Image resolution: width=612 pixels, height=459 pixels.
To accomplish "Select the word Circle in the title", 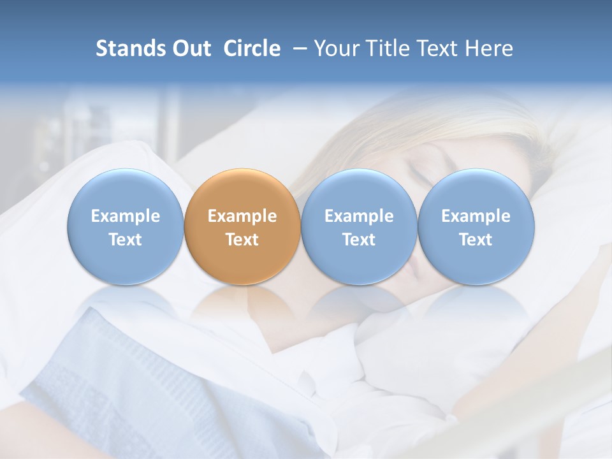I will pos(252,48).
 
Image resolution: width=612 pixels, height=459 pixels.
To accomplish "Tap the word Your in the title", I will pos(334,48).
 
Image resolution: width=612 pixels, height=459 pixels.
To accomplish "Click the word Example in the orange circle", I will pos(242,216).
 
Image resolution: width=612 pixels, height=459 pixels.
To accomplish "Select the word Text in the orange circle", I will pos(242,240).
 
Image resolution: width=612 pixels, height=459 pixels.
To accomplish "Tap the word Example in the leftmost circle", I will pos(126,216).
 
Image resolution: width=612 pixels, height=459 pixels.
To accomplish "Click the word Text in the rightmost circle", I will pos(476,240).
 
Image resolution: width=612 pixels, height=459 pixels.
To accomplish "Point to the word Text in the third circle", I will pos(359,240).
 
